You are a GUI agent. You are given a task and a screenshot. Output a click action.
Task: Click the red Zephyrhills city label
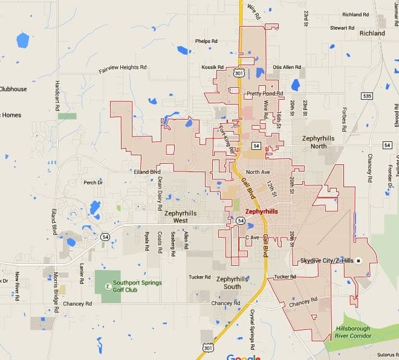point(262,212)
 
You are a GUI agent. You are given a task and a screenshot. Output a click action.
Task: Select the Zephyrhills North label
point(319,143)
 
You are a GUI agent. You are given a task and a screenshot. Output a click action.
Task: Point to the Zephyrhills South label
point(232,283)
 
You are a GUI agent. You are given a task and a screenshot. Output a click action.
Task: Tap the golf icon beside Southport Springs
point(108,286)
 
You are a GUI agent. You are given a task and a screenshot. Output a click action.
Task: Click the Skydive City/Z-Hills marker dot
point(358,261)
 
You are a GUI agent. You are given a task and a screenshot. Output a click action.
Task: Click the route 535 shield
point(366,96)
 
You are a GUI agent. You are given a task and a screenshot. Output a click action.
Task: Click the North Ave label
point(258,172)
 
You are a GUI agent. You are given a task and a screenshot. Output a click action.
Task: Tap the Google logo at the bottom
point(243,356)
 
